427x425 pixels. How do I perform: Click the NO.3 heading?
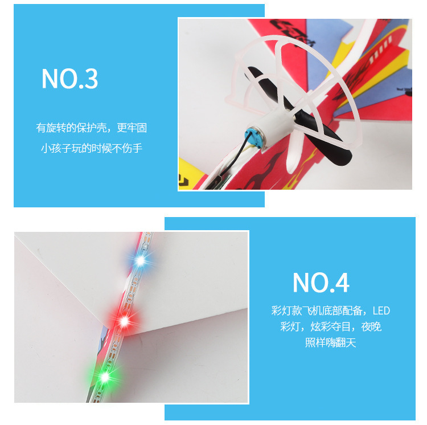[x=69, y=79]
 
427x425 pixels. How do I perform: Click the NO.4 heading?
[x=321, y=283]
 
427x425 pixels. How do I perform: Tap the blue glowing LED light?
[x=140, y=260]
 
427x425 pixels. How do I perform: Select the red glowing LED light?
[x=124, y=321]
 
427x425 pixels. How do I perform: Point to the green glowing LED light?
[x=105, y=377]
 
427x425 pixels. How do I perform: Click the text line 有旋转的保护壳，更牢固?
[x=92, y=128]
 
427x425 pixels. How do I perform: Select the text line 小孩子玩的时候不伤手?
[x=92, y=148]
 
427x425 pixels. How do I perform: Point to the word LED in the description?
[x=381, y=311]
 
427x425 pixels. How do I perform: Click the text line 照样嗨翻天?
[x=330, y=342]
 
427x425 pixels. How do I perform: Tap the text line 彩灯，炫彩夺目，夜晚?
[x=330, y=326]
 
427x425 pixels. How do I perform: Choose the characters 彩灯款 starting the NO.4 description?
[x=286, y=310]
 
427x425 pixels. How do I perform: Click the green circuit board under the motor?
[x=223, y=181]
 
